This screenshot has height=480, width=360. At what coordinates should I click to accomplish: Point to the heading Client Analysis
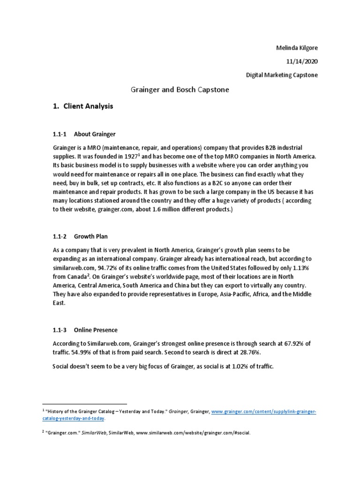point(87,106)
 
